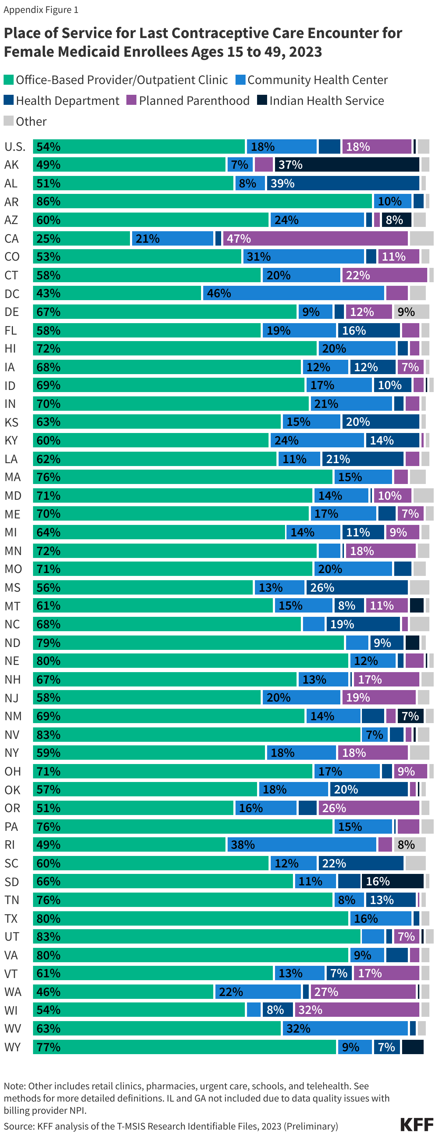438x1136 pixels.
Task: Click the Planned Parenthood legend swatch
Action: click(131, 100)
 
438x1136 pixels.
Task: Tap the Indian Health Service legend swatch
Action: click(262, 100)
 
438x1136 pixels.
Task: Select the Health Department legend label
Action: click(67, 101)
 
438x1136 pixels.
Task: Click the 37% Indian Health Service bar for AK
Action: click(347, 164)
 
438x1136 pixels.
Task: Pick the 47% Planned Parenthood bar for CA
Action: click(315, 238)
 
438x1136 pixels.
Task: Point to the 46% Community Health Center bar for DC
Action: click(293, 293)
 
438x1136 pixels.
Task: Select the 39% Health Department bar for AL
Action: click(343, 183)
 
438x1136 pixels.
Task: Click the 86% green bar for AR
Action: click(202, 201)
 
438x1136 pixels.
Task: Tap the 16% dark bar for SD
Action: click(392, 881)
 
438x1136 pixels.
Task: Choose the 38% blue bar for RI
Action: click(302, 844)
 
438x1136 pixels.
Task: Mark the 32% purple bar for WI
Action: click(357, 1010)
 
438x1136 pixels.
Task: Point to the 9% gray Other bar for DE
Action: click(411, 312)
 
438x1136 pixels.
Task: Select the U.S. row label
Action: click(15, 146)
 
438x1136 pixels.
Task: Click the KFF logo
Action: click(416, 1124)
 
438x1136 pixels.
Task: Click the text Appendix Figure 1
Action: click(41, 10)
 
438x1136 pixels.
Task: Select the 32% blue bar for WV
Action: click(345, 1028)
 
